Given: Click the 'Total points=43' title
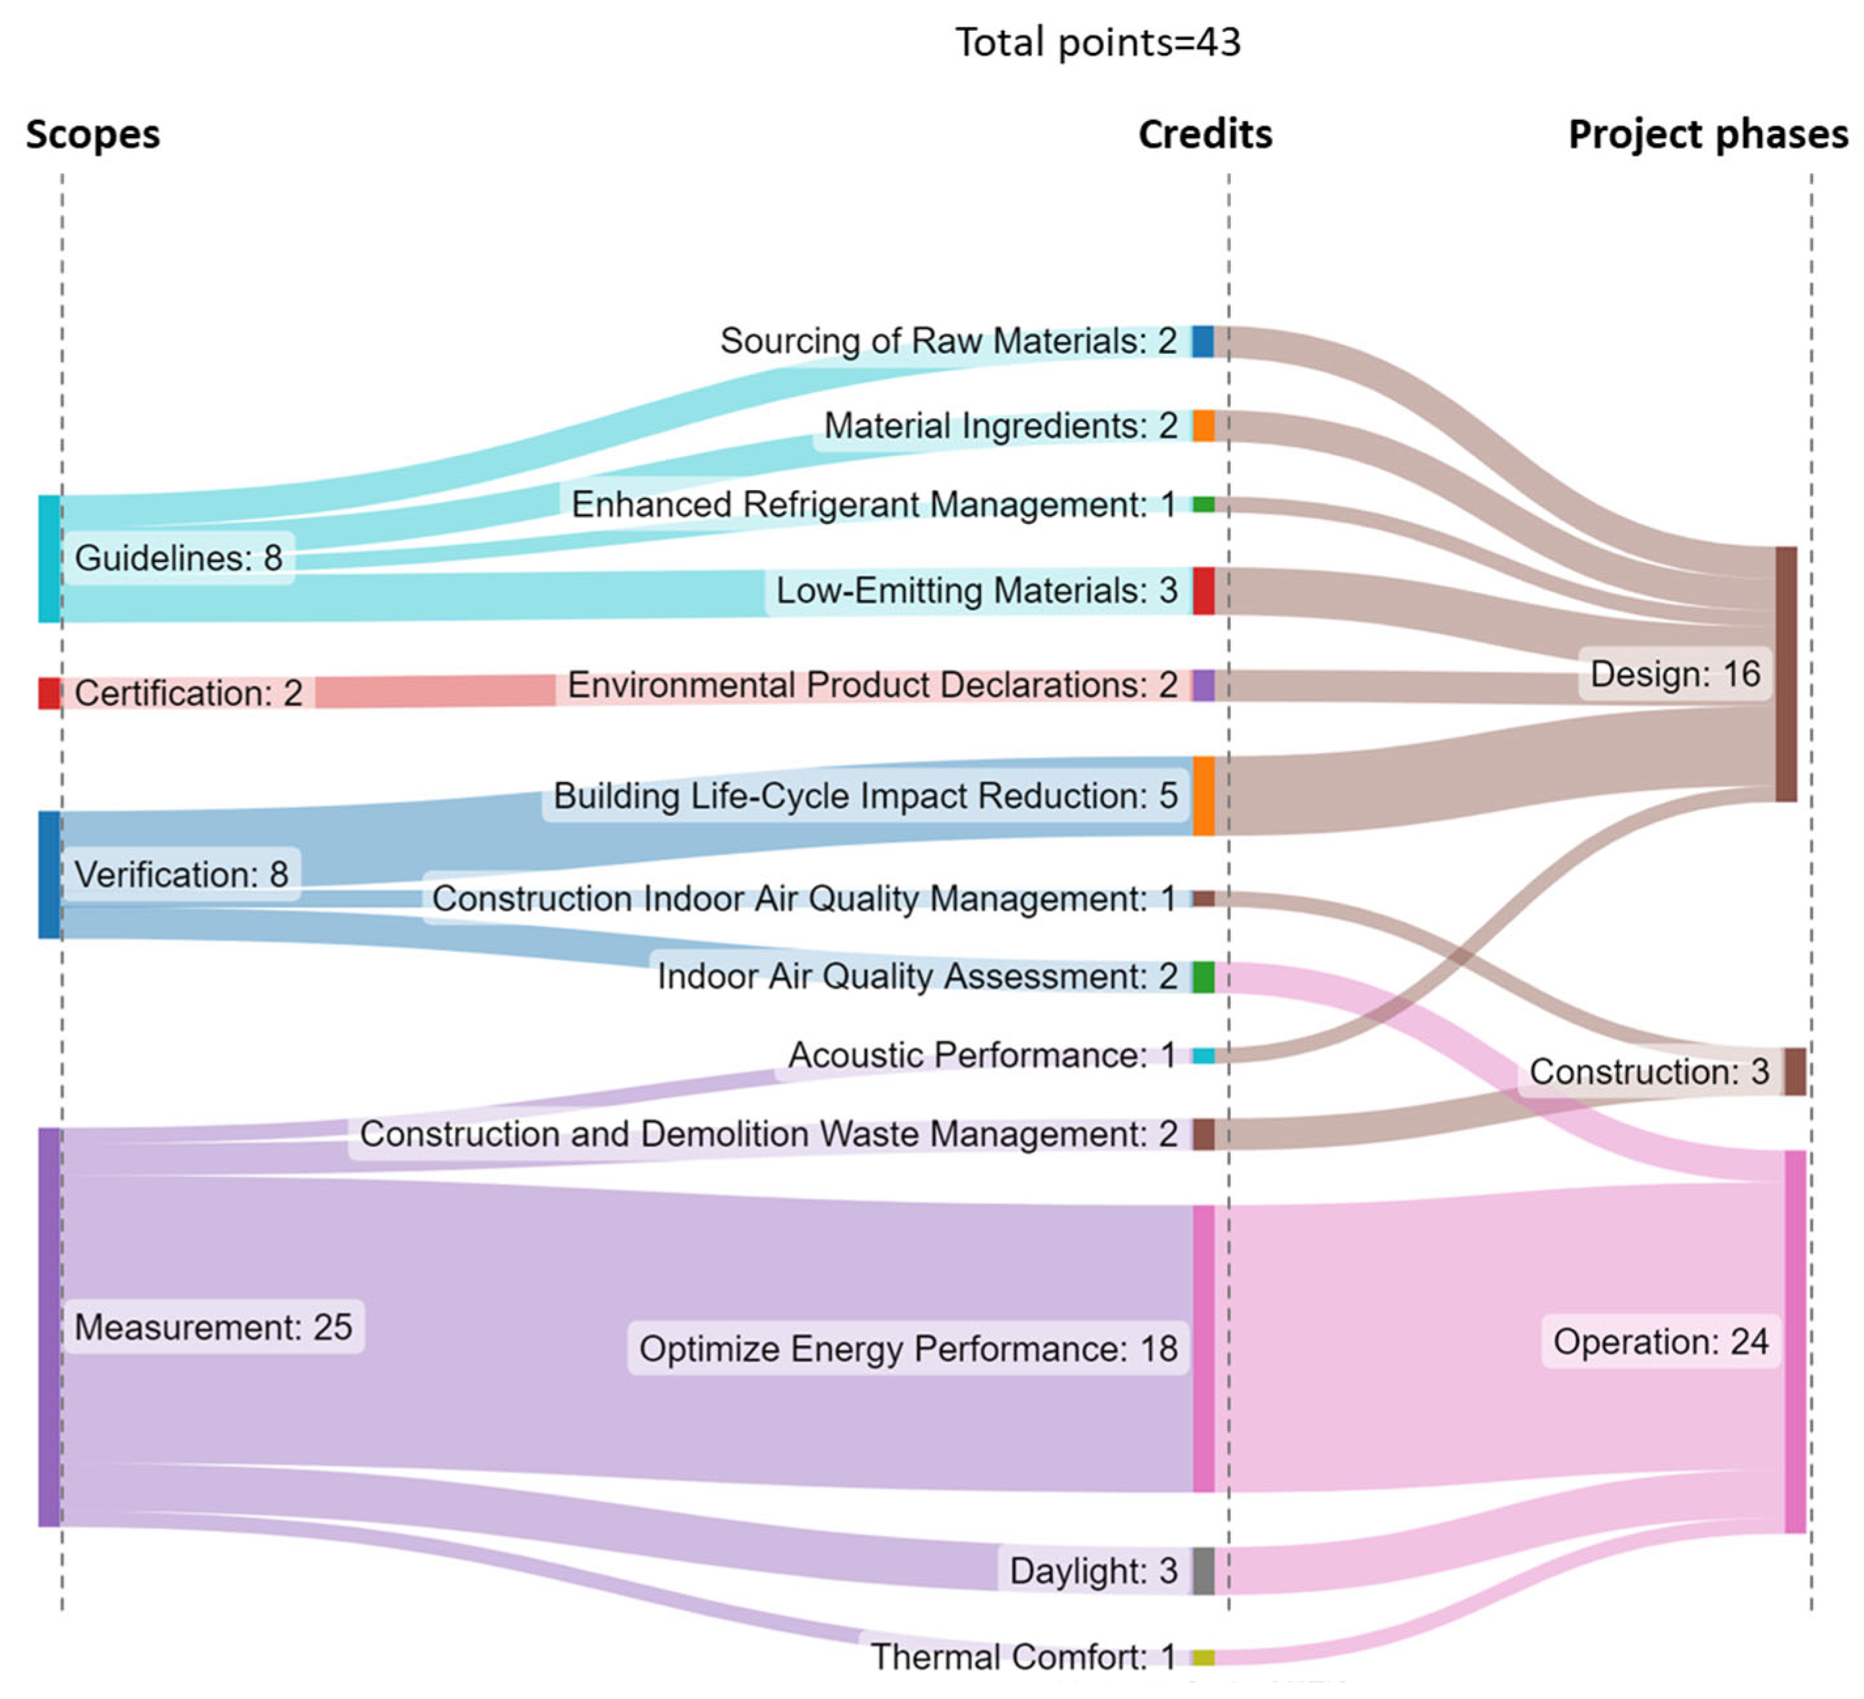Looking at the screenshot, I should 1097,43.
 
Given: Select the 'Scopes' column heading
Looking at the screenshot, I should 92,134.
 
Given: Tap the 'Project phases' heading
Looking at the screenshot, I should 1708,134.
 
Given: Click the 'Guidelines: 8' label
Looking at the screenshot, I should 179,557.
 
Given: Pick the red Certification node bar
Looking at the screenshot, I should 49,693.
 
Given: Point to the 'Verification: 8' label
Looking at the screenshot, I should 181,874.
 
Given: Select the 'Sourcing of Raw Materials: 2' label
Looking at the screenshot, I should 948,340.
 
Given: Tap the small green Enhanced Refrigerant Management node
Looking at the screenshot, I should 1203,504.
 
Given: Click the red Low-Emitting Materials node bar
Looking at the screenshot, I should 1203,590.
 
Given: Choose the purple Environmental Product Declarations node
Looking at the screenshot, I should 1203,686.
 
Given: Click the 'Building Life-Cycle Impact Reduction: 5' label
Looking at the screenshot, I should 865,796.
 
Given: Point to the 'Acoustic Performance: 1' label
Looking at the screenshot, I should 982,1055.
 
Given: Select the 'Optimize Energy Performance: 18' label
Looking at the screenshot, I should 908,1348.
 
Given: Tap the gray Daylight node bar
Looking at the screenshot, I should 1203,1570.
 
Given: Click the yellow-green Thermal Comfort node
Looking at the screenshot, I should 1203,1656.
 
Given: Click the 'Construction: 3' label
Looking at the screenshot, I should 1649,1071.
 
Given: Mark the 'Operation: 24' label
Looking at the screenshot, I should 1661,1341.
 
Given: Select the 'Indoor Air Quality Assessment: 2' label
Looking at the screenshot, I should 917,975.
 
